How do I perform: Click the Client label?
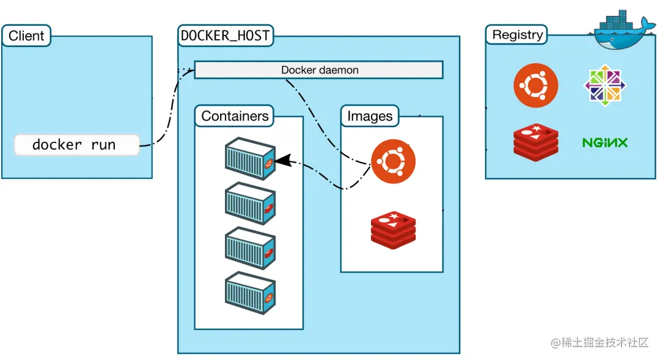pyautogui.click(x=26, y=35)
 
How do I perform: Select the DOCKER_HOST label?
pyautogui.click(x=226, y=35)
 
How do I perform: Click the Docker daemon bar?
pyautogui.click(x=319, y=70)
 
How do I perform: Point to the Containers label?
pyautogui.click(x=235, y=116)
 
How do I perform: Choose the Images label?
pyautogui.click(x=370, y=116)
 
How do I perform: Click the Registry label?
pyautogui.click(x=517, y=35)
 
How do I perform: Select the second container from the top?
pyautogui.click(x=250, y=204)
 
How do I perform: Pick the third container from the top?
pyautogui.click(x=250, y=248)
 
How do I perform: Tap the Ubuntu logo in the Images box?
pyautogui.click(x=394, y=161)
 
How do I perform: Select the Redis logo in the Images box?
pyautogui.click(x=393, y=229)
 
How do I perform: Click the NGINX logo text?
pyautogui.click(x=604, y=143)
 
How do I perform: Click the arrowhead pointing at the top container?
pyautogui.click(x=281, y=161)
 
